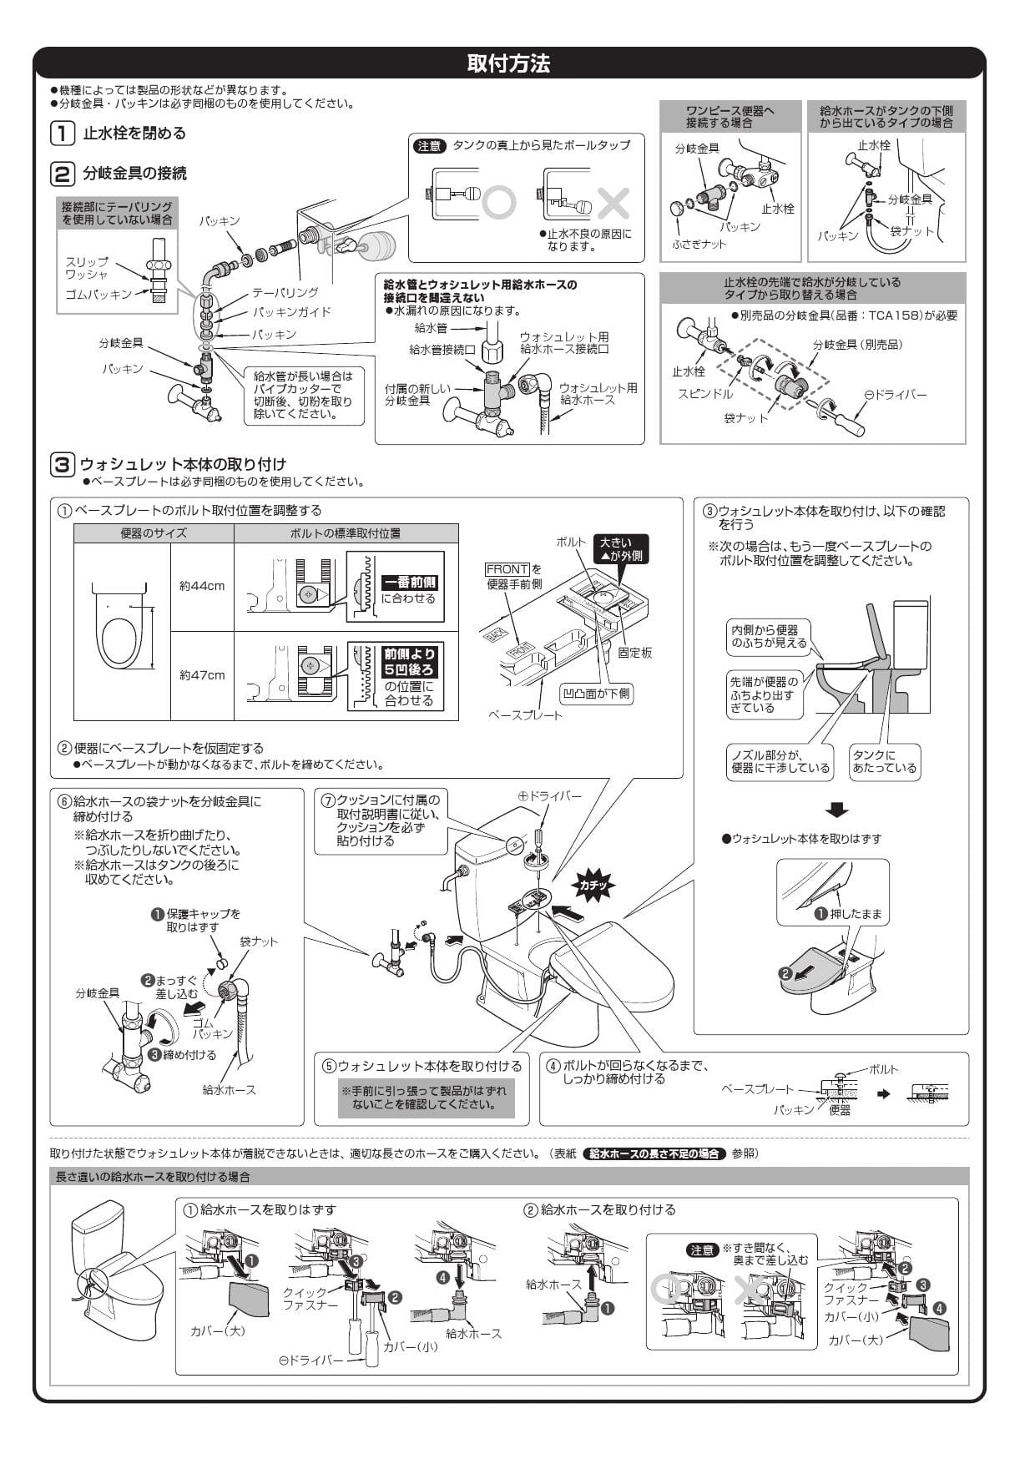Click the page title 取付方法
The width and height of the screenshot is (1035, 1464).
click(x=508, y=63)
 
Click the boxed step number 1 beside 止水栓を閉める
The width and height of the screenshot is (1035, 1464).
click(x=62, y=133)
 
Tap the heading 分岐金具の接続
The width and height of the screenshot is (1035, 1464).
click(x=134, y=174)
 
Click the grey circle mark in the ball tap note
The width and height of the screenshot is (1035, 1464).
click(x=499, y=203)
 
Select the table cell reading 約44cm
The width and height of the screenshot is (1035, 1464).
click(x=202, y=586)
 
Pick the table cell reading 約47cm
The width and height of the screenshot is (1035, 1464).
click(x=202, y=675)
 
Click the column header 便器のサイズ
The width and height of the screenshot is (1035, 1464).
click(x=154, y=533)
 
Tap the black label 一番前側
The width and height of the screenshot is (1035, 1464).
click(x=409, y=583)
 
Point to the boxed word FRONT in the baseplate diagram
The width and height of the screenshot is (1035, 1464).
click(x=507, y=569)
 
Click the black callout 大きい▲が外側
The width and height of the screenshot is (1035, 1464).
click(x=621, y=549)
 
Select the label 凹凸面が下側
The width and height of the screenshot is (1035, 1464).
click(x=596, y=694)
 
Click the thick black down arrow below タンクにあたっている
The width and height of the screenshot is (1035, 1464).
click(x=836, y=810)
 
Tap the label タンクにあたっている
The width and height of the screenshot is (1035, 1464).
click(x=884, y=762)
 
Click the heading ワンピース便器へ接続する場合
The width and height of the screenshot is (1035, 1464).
click(x=730, y=116)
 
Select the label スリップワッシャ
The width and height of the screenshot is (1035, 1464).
click(x=87, y=268)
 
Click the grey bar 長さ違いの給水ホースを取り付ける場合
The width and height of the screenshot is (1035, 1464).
click(x=153, y=1177)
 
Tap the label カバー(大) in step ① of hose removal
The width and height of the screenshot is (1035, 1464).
click(x=217, y=1330)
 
